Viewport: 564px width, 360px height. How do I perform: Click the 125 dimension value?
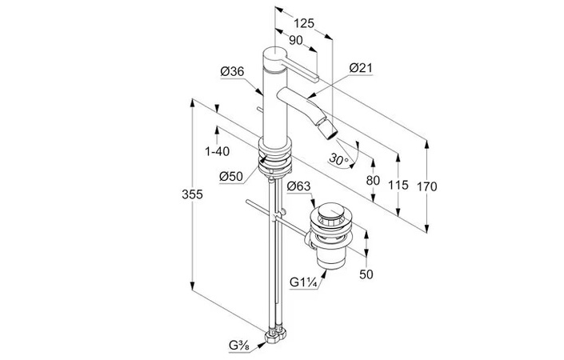tap(304, 23)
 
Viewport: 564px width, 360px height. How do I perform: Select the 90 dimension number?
tap(296, 41)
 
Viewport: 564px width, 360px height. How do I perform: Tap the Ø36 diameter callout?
tap(232, 71)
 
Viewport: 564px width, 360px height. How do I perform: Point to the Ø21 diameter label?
tap(361, 68)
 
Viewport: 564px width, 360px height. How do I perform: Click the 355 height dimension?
tap(193, 194)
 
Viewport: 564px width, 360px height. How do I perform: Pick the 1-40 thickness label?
tap(218, 151)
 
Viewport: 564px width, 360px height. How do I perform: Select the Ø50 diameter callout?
tap(231, 176)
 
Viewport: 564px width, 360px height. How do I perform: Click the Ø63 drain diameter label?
tap(299, 186)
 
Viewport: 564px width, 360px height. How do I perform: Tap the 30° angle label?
tap(339, 159)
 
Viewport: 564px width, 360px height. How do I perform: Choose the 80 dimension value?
tap(373, 180)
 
